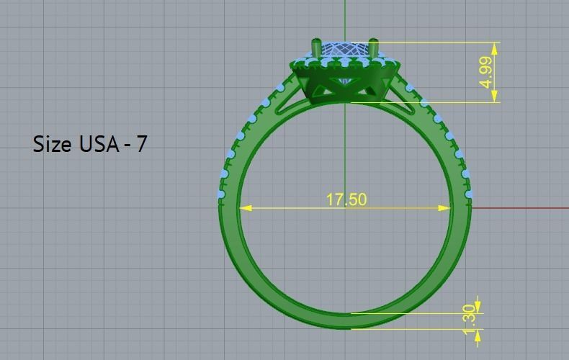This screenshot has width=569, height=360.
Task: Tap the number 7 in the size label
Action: point(141,144)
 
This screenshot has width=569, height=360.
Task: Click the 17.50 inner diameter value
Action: point(346,199)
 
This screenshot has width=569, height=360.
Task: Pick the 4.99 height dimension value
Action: point(488,73)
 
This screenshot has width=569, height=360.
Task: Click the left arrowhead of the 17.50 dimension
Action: point(246,208)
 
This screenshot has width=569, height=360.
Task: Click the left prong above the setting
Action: point(316,49)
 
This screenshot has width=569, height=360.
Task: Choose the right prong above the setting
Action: point(374,48)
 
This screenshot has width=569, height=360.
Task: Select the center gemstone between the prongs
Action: point(345,51)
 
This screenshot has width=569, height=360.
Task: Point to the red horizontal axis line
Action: point(519,208)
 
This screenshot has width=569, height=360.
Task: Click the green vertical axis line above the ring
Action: point(345,18)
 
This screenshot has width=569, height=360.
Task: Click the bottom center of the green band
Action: point(346,321)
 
